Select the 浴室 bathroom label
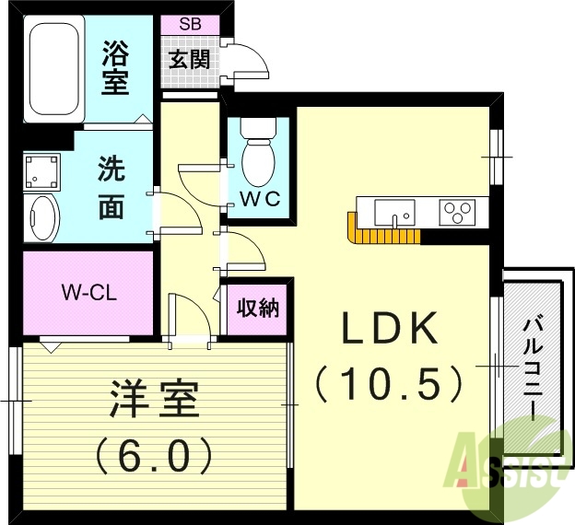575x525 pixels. click(x=114, y=68)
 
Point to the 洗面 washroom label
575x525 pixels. click(x=111, y=190)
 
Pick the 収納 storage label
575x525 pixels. click(x=257, y=309)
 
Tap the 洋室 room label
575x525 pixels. click(x=154, y=403)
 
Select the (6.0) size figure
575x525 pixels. click(x=154, y=453)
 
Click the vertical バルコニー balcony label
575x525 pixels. click(x=532, y=366)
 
